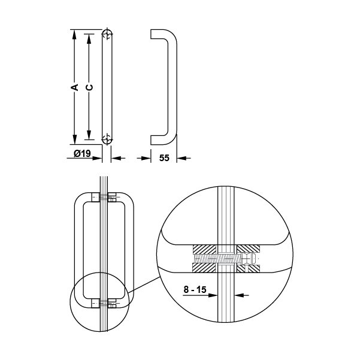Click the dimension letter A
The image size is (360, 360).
(x=75, y=87)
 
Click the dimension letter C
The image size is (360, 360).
(x=89, y=87)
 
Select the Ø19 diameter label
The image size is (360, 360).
(x=82, y=153)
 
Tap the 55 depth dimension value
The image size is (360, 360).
(x=164, y=158)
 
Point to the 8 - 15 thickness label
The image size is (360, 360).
(x=195, y=289)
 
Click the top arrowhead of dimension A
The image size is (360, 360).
(x=74, y=34)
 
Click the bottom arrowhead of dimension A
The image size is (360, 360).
(x=74, y=140)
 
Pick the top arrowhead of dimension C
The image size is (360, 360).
(x=89, y=39)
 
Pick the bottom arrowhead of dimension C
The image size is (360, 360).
(x=89, y=135)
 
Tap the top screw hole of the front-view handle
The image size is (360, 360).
(x=107, y=35)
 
